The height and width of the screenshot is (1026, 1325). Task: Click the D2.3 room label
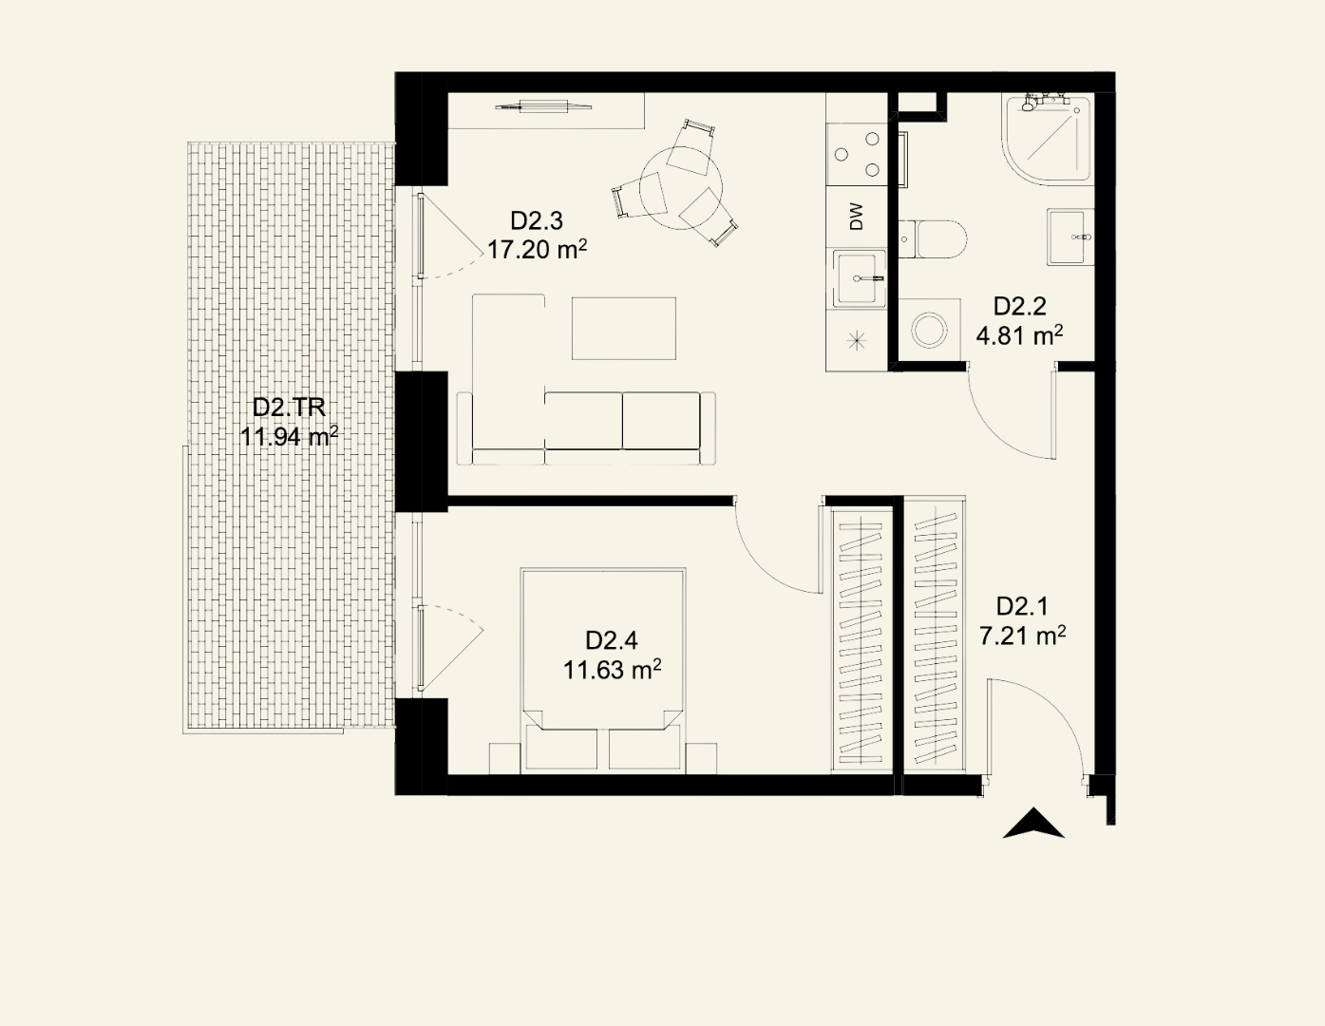536,220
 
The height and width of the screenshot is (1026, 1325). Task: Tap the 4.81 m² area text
1019,335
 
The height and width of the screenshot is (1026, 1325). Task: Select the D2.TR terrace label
289,408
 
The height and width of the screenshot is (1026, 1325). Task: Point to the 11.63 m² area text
612,670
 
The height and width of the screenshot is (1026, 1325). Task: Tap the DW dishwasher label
857,217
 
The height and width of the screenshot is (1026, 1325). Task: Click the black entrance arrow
1033,823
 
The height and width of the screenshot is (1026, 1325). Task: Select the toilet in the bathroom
933,239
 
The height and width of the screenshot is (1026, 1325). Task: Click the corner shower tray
1047,139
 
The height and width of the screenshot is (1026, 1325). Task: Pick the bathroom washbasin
1070,237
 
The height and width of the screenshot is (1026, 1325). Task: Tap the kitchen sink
860,278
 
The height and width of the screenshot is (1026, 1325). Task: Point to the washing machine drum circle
930,330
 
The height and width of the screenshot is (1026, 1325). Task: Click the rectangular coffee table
623,329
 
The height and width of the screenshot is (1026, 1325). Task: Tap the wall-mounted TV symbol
542,106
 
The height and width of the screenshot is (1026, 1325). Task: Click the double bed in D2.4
603,671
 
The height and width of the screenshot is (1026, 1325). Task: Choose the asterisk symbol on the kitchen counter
857,340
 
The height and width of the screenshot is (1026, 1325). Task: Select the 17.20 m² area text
538,249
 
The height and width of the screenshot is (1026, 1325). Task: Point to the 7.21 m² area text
1023,636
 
